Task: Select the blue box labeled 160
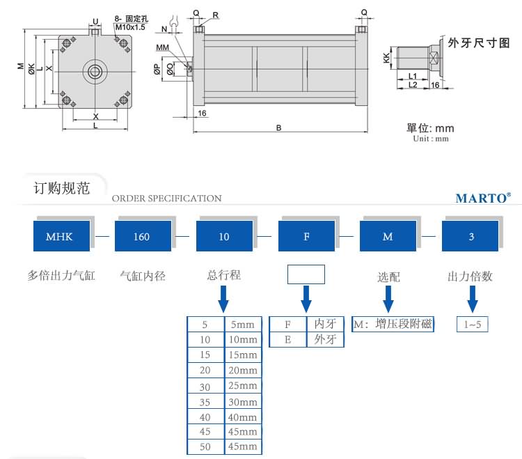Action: click(x=141, y=236)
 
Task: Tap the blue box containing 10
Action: click(x=223, y=236)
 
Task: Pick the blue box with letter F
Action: click(x=306, y=236)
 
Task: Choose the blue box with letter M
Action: click(x=388, y=236)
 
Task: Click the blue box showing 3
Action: click(x=471, y=236)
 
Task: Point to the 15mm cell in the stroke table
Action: click(x=243, y=355)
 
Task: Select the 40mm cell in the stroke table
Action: click(x=243, y=417)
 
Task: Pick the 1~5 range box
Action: click(x=471, y=324)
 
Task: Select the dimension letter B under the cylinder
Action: click(x=278, y=127)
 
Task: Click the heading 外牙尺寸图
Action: click(x=479, y=42)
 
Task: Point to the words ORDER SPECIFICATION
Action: click(x=166, y=199)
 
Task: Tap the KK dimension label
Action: click(x=386, y=59)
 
